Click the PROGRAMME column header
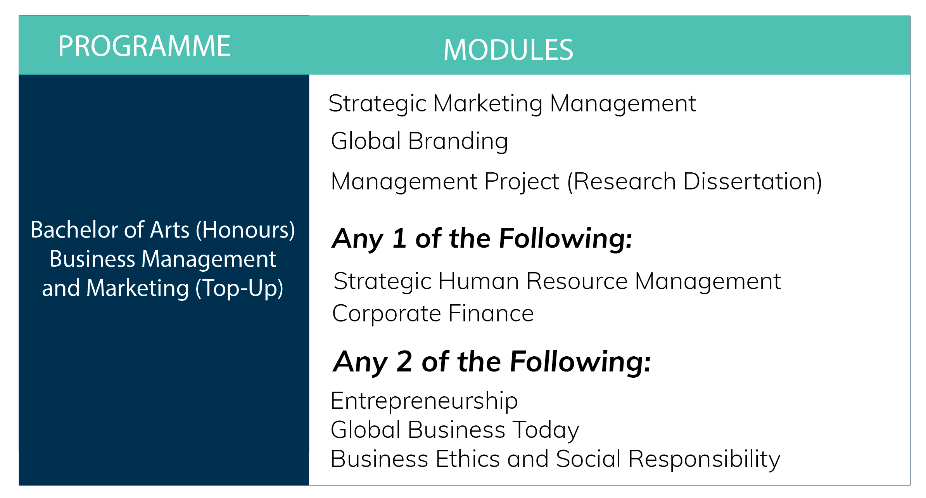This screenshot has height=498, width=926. point(144,46)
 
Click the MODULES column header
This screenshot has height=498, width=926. point(508,50)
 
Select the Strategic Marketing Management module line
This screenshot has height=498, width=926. point(512,104)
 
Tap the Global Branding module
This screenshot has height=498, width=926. point(419,141)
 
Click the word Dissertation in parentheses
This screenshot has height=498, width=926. point(748,181)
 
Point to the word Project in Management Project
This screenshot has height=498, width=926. point(522,181)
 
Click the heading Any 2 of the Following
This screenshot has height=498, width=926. point(492,361)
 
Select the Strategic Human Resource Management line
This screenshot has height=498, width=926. point(557,281)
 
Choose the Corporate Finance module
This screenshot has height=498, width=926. point(433,313)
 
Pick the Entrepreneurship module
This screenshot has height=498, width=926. point(424,401)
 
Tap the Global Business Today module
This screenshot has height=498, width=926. point(454,430)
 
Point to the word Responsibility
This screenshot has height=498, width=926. point(704,459)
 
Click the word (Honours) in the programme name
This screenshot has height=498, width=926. point(245,230)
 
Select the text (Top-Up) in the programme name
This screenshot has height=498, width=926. point(239,288)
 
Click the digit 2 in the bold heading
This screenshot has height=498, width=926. point(404,361)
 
